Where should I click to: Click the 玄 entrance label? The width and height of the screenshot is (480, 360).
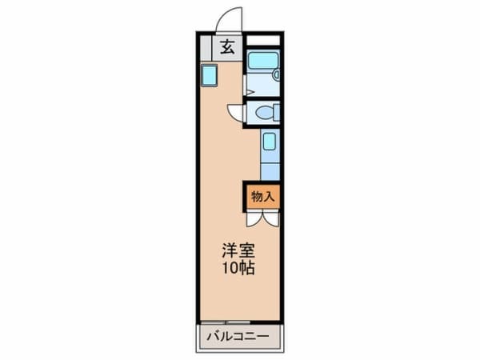(x=227, y=47)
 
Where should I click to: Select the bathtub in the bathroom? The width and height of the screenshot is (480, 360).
(x=263, y=60)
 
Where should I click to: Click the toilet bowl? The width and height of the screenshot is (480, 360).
(x=264, y=113)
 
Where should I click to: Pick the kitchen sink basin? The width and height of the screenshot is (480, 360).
(x=270, y=141)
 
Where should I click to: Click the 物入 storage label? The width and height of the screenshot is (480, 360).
(x=262, y=197)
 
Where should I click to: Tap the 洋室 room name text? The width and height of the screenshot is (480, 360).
(x=238, y=250)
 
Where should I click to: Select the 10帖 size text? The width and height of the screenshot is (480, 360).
(x=238, y=268)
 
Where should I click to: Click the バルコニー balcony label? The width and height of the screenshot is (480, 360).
(x=238, y=337)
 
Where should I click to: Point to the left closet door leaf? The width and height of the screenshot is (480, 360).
(x=254, y=219)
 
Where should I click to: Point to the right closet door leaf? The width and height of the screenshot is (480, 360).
(x=271, y=219)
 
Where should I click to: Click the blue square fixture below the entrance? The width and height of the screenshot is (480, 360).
(x=209, y=76)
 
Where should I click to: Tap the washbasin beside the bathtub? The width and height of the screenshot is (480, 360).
(x=277, y=74)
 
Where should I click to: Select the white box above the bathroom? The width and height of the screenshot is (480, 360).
(x=263, y=40)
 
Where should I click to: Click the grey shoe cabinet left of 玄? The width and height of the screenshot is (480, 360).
(x=206, y=48)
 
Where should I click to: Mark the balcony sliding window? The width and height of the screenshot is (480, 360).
(x=226, y=322)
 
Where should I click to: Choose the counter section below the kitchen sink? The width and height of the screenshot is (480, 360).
(x=270, y=171)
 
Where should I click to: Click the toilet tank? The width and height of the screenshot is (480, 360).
(x=277, y=112)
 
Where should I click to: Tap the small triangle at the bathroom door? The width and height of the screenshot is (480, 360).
(x=250, y=92)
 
